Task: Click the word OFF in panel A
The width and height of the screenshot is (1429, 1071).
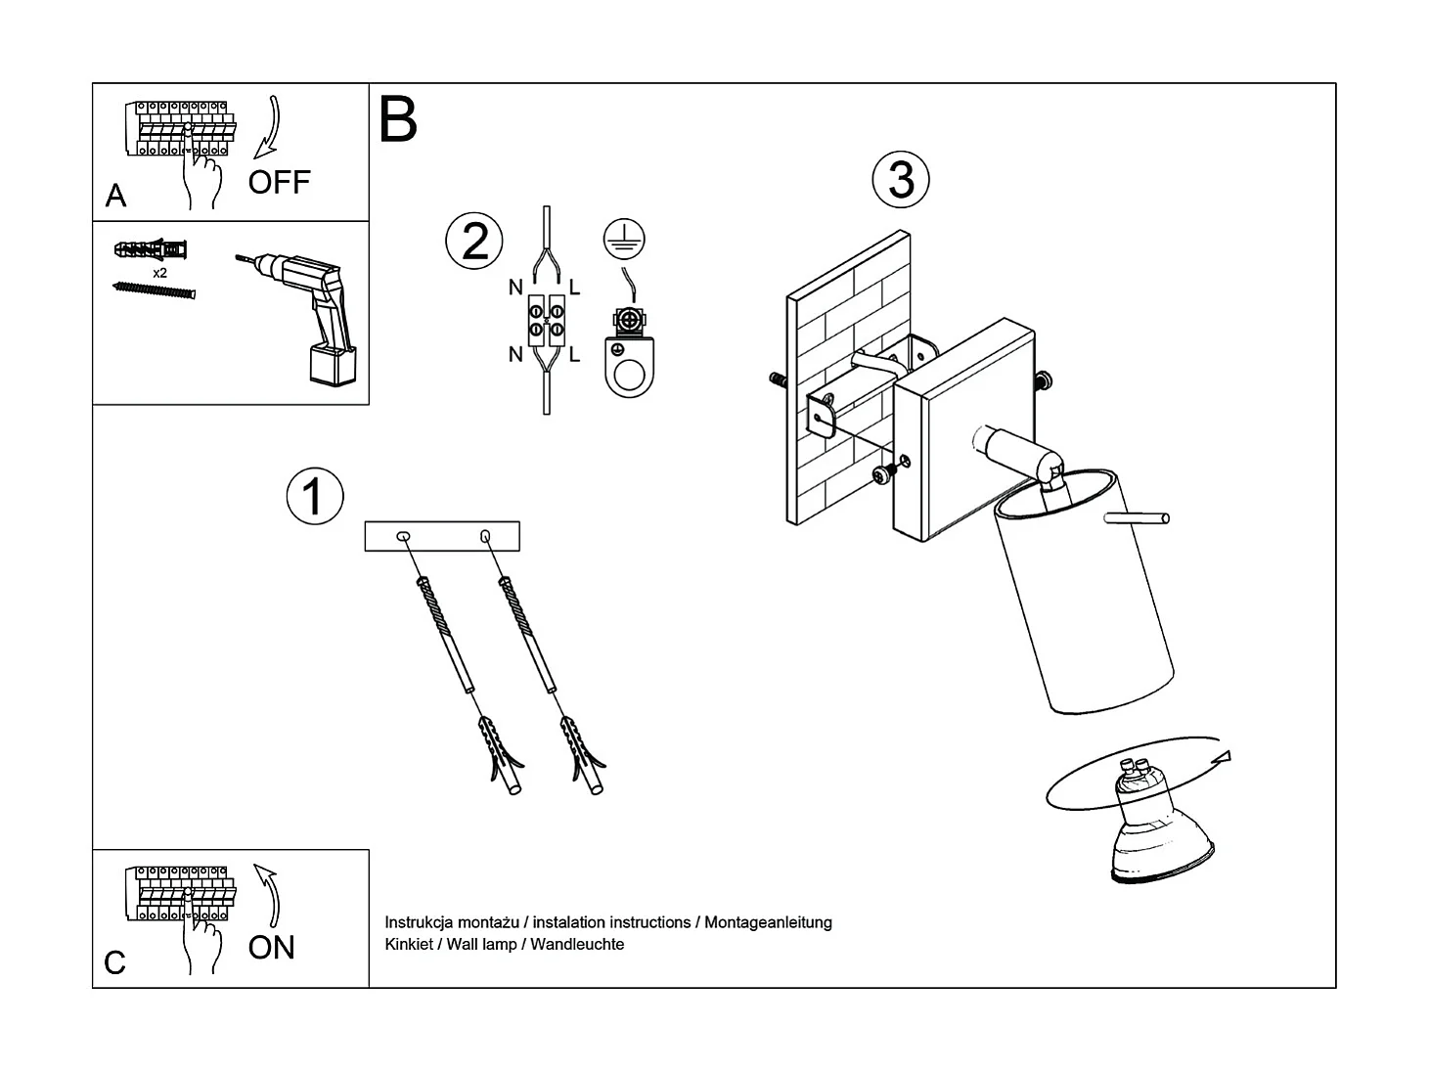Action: pyautogui.click(x=279, y=182)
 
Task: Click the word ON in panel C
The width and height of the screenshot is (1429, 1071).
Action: pyautogui.click(x=271, y=947)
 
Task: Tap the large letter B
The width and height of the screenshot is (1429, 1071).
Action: pyautogui.click(x=398, y=120)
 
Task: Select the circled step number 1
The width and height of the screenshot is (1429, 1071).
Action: pyautogui.click(x=314, y=496)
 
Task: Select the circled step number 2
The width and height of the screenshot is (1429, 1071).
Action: pyautogui.click(x=474, y=241)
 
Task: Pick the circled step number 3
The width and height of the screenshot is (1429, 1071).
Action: pyautogui.click(x=900, y=180)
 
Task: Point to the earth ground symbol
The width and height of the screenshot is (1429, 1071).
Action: pyautogui.click(x=624, y=240)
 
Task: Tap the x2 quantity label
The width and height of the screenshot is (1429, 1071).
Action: pyautogui.click(x=159, y=273)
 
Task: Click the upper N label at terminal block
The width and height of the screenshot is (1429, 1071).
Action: pyautogui.click(x=515, y=288)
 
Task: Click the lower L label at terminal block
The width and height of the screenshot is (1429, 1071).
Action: pyautogui.click(x=574, y=355)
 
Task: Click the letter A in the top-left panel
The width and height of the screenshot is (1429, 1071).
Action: pyautogui.click(x=115, y=196)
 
